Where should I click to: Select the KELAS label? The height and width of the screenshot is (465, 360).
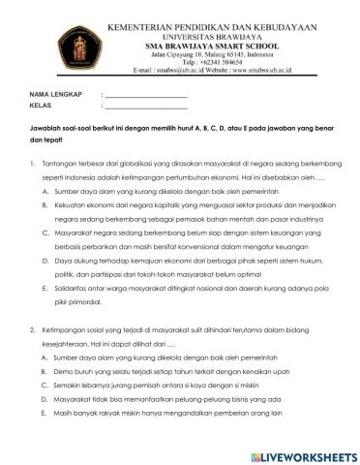coord(40,107)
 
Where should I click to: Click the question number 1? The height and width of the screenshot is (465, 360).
coord(33,165)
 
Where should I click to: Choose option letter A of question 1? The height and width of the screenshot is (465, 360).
coord(45,193)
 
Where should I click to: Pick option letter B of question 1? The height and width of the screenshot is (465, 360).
coord(45,206)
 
